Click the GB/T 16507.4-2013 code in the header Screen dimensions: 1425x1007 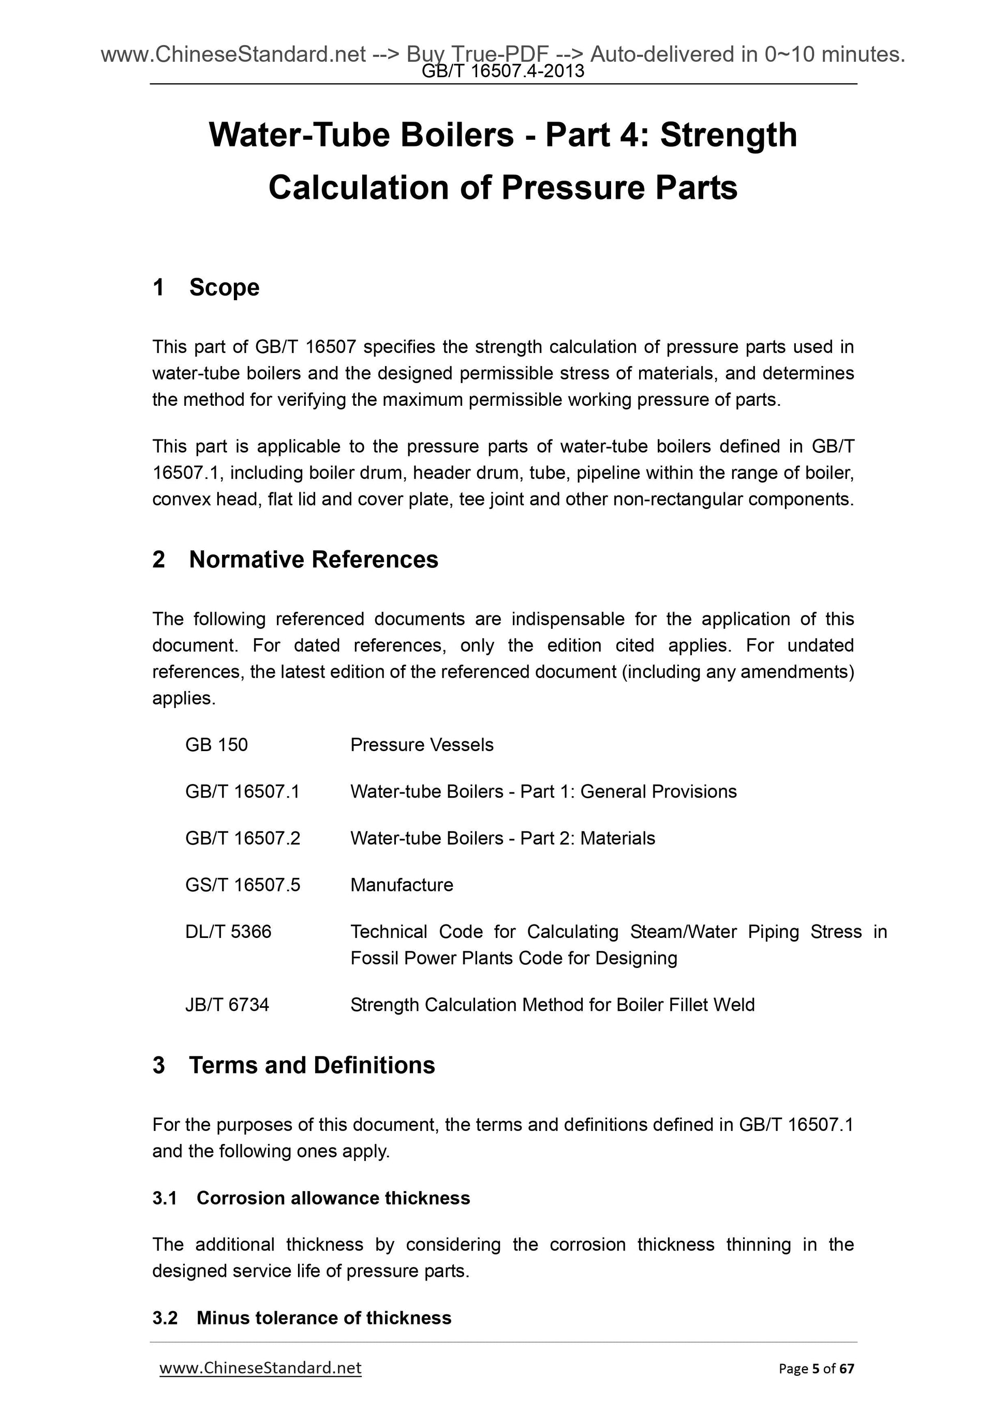coord(502,71)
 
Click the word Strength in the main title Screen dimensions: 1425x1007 coord(729,135)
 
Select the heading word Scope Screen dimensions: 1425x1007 coord(224,287)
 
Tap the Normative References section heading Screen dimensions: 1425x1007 coord(314,559)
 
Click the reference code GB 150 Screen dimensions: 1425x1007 coord(216,745)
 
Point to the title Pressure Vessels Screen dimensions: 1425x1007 coord(421,745)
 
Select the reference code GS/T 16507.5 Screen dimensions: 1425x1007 coord(242,885)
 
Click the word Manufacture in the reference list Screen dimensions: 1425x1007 coord(402,885)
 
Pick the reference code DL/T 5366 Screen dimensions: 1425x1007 coord(228,932)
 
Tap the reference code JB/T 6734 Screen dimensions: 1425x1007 coord(227,1005)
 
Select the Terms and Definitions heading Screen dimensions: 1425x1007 coord(312,1065)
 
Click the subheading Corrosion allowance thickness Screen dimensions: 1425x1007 coord(333,1198)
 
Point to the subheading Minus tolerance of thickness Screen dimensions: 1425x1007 coord(324,1318)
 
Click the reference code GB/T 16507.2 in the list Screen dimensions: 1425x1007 coord(242,838)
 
